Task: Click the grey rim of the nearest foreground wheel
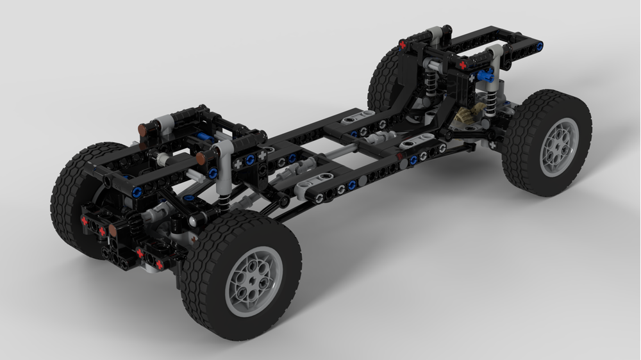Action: coord(254,282)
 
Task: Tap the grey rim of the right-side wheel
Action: coord(559,147)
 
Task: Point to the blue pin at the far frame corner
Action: coord(540,46)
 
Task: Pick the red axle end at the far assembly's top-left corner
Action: coord(403,44)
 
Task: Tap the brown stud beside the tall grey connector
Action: coord(201,158)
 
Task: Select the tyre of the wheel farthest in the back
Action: coord(383,77)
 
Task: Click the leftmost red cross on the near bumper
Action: coord(84,220)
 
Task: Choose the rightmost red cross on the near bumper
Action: coord(159,264)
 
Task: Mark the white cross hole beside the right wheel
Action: coord(494,145)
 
